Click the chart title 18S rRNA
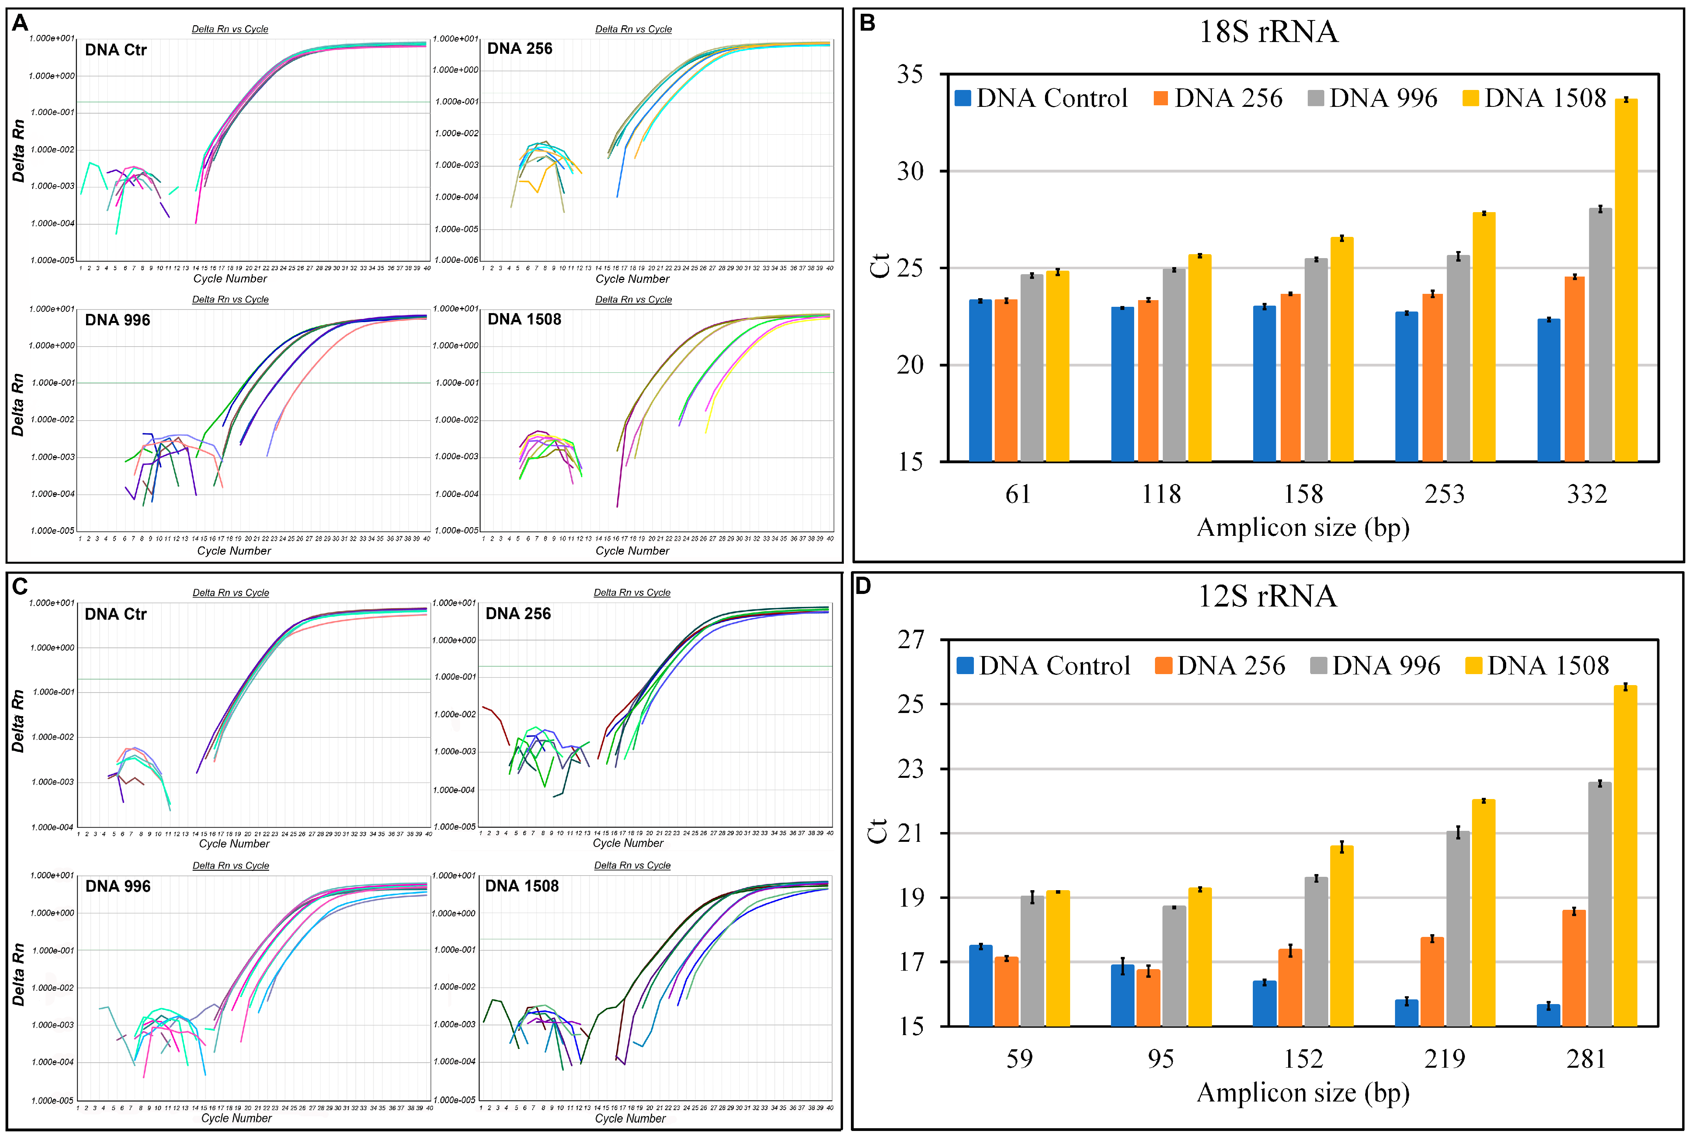coord(1268,32)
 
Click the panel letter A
coord(20,23)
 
